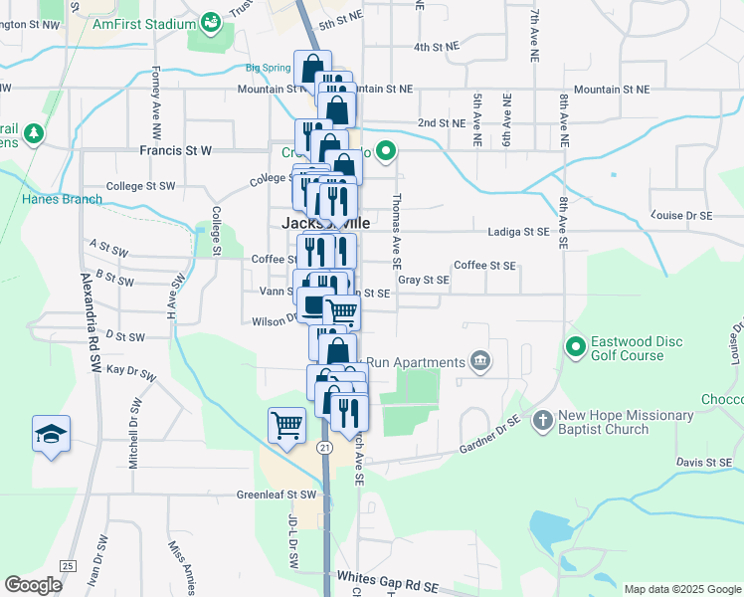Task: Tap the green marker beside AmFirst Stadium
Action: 210,20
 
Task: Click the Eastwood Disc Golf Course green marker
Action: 575,347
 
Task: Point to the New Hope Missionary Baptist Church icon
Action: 542,420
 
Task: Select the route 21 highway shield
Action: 324,449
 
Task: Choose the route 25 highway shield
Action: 67,566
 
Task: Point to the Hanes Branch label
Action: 61,199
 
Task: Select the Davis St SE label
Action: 703,463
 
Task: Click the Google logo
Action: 34,585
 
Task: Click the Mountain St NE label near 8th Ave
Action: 611,90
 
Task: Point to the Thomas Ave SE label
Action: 396,232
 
